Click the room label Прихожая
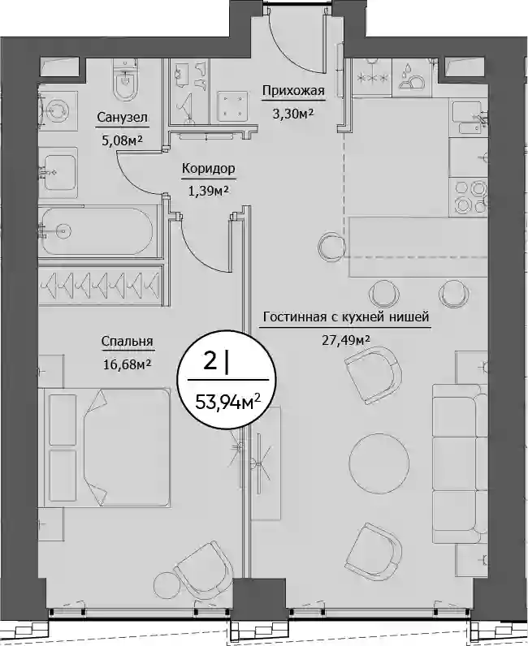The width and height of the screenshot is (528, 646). (x=293, y=91)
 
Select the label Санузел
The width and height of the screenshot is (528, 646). (x=122, y=117)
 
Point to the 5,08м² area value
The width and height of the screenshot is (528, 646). (x=122, y=140)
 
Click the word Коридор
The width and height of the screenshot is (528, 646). (x=208, y=169)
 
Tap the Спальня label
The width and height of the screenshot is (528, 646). (x=127, y=341)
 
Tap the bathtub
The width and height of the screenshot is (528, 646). (x=97, y=231)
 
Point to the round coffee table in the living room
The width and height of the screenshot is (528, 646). (x=379, y=459)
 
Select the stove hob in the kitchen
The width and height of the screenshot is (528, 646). (x=470, y=197)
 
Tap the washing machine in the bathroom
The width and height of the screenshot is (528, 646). (x=58, y=110)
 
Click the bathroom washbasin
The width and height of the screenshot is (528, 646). (x=58, y=173)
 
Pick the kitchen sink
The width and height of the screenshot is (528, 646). (x=470, y=118)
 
